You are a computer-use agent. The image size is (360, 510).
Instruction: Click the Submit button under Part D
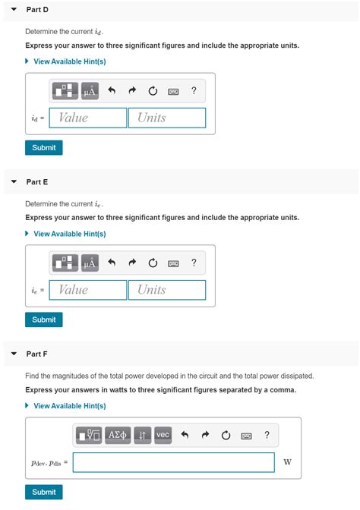pos(43,148)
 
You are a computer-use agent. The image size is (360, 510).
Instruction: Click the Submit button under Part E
pos(43,320)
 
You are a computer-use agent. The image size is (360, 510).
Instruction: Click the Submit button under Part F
pos(43,492)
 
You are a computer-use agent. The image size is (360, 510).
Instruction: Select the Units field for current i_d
pos(167,118)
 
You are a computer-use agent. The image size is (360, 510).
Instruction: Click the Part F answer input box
pos(173,462)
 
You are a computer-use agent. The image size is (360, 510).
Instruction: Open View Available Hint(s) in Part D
pos(69,61)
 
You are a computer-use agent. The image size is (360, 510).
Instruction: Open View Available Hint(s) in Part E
pos(69,234)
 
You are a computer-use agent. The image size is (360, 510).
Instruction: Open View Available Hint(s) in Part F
pos(69,406)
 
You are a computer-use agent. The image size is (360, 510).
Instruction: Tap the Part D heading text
pos(37,10)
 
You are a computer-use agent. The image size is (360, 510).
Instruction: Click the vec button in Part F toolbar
pos(163,435)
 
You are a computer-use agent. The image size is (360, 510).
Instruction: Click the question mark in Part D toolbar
pos(194,91)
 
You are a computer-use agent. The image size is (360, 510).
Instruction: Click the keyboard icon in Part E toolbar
pos(174,263)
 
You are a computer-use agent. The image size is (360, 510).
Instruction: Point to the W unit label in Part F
pos(287,462)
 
